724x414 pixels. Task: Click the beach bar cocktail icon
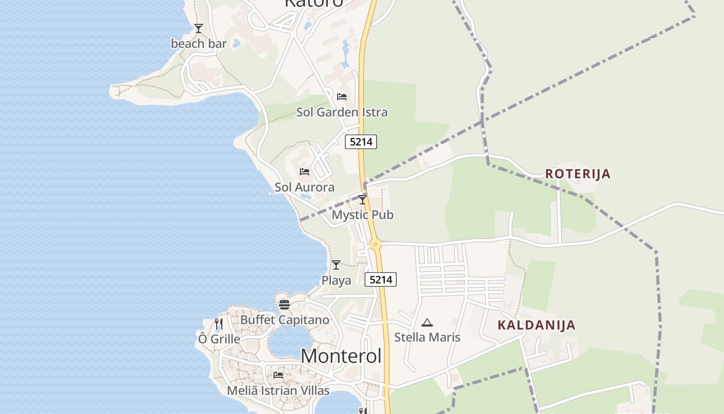[199, 28]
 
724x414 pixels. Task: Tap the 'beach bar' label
[199, 43]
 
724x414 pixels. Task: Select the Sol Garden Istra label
[341, 112]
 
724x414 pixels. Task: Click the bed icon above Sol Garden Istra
[341, 97]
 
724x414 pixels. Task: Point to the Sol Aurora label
[304, 187]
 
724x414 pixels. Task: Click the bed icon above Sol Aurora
[304, 172]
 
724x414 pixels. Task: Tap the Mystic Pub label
[362, 214]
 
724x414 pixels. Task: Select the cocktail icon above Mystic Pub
[363, 199]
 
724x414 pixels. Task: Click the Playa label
[336, 280]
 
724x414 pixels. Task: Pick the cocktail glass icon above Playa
[336, 265]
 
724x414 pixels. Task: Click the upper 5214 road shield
[360, 141]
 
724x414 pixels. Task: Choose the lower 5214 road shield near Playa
[381, 279]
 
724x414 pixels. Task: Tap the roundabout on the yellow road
[375, 244]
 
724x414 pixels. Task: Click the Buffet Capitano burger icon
[284, 305]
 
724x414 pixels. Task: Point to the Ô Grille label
[219, 339]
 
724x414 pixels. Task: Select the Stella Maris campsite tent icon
[427, 323]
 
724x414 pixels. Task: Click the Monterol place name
[341, 356]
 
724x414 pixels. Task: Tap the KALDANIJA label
[536, 325]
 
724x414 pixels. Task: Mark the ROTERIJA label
[578, 174]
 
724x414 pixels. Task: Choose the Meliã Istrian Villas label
[278, 390]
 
